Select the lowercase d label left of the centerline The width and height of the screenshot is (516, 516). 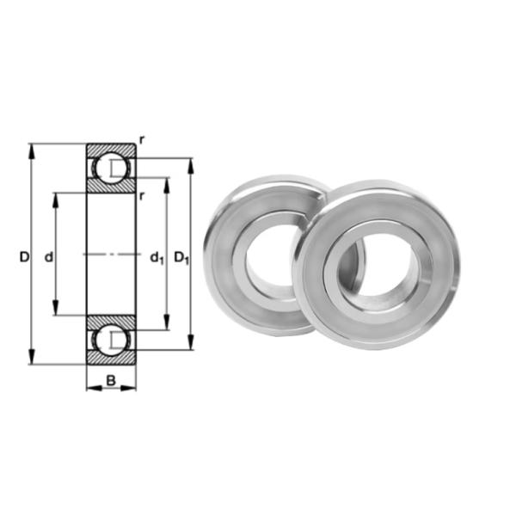click(49, 256)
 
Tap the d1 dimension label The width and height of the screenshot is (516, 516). click(157, 257)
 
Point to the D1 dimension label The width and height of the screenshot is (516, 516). click(181, 257)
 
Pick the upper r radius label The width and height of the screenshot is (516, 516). click(141, 138)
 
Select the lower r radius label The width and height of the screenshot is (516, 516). click(141, 196)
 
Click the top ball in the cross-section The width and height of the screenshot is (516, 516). click(110, 168)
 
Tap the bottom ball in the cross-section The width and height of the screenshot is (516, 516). click(110, 341)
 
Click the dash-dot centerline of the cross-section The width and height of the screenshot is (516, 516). click(110, 255)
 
